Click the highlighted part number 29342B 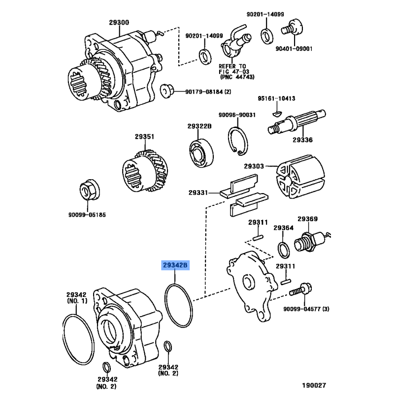(x=175, y=265)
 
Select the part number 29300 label (x=119, y=22)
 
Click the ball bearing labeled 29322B (x=201, y=153)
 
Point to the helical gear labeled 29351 (x=145, y=171)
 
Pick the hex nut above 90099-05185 (x=90, y=190)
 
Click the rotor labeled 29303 (x=300, y=176)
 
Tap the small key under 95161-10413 (x=276, y=114)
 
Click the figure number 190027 (x=314, y=385)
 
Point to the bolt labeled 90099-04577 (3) (x=300, y=290)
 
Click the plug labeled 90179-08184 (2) (x=167, y=91)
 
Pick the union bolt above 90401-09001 (x=292, y=28)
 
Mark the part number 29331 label (x=198, y=193)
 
